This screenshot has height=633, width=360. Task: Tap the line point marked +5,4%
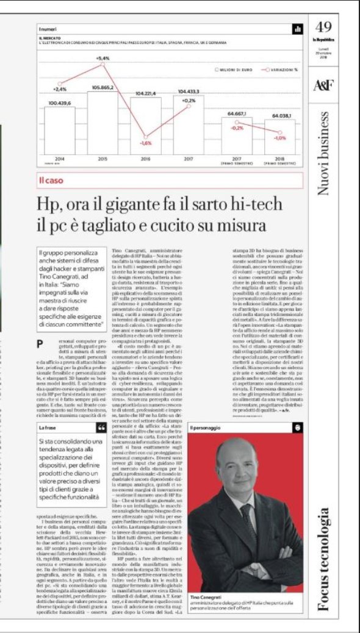click(x=103, y=64)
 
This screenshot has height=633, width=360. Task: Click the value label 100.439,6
click(x=59, y=102)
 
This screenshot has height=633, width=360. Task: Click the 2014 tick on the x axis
click(x=59, y=159)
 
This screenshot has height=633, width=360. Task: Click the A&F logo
click(x=323, y=85)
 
